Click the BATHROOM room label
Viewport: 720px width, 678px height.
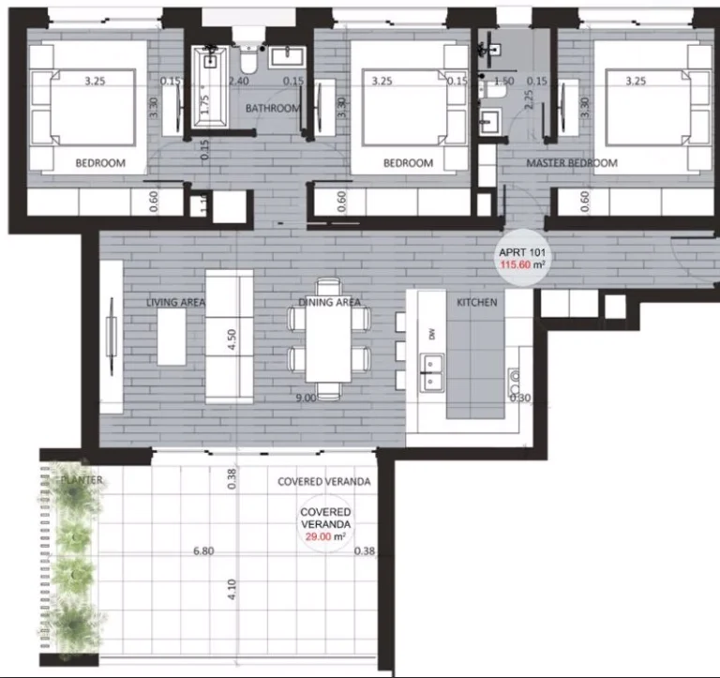point(273,109)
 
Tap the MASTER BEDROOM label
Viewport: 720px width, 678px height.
point(572,163)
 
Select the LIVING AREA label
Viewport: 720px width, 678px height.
point(175,302)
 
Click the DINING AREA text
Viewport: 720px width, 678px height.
point(330,302)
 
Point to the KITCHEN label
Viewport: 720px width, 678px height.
point(476,302)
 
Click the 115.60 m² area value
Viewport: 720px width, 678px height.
point(522,265)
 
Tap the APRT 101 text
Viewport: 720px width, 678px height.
point(522,253)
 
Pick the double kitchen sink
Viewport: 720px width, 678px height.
point(433,372)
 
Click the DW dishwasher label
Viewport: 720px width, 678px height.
point(432,334)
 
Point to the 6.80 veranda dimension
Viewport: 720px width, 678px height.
point(202,551)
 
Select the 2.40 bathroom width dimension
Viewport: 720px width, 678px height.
point(239,82)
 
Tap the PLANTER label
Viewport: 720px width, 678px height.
point(82,480)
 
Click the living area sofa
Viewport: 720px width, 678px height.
point(229,337)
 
